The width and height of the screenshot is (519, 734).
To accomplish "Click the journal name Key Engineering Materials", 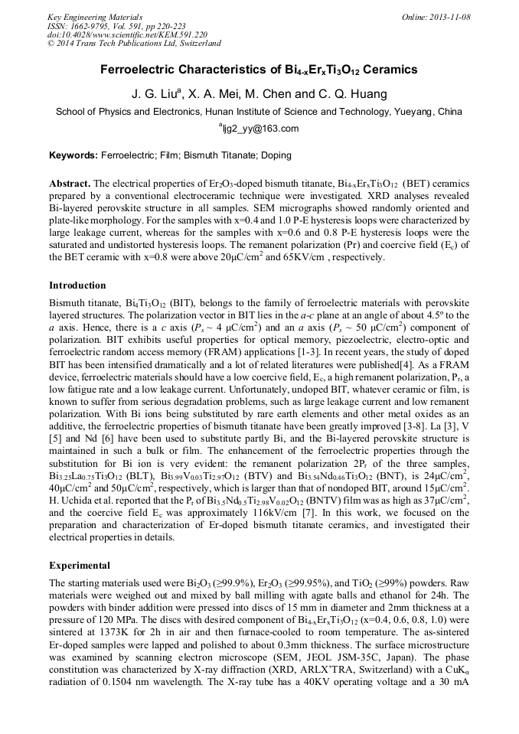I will click(x=94, y=16).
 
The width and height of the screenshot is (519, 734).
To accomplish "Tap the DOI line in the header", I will click(x=127, y=34).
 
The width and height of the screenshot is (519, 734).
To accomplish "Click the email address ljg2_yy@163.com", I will click(x=260, y=129).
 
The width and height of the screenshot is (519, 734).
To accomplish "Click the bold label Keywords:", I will click(x=73, y=155).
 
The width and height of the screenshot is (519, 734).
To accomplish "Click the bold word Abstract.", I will click(x=70, y=184).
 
